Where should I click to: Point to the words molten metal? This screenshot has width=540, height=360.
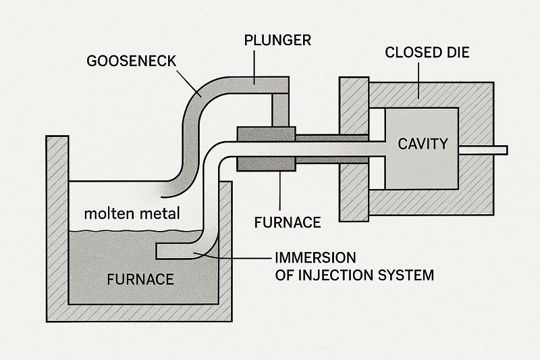tap(132, 214)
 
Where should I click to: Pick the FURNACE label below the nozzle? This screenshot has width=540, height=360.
tap(288, 221)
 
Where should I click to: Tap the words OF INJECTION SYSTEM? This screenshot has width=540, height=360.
tap(354, 275)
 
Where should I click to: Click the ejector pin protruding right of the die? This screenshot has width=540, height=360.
tap(491, 149)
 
